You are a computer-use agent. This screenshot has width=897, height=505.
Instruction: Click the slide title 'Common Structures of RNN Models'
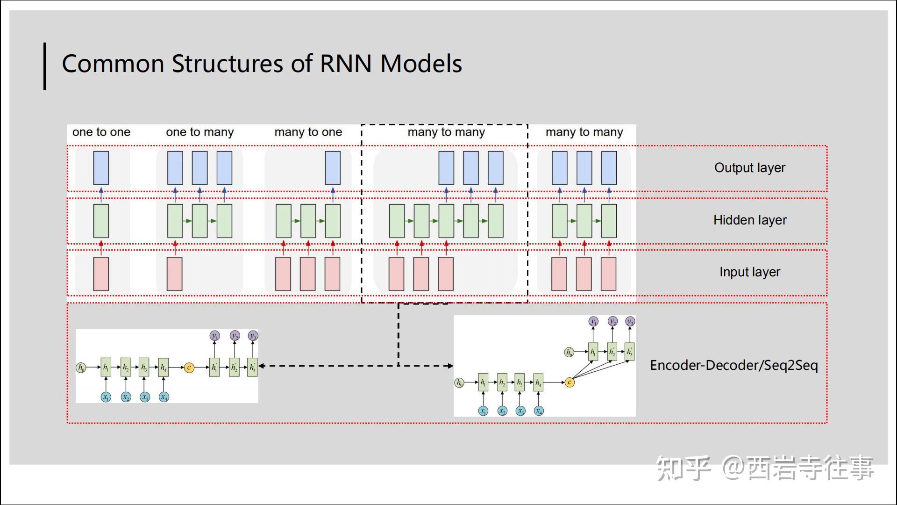[x=262, y=64]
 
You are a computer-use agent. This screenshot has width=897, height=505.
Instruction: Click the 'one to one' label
[x=101, y=132]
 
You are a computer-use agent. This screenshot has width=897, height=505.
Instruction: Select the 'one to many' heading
[x=200, y=132]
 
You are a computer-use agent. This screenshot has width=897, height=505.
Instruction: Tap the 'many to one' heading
[x=308, y=132]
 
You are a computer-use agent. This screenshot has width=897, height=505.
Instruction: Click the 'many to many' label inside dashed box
[x=446, y=132]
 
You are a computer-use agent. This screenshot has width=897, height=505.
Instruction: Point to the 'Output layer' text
[x=749, y=167]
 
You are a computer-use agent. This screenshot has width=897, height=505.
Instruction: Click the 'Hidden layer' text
[x=749, y=220]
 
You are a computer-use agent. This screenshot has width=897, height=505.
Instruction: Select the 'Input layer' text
[x=749, y=272]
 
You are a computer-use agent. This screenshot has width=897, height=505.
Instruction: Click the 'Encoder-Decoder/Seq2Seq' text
[x=733, y=365]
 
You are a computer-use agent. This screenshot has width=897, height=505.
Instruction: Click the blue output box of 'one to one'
[x=101, y=167]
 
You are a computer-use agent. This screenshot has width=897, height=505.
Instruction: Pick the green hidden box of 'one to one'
[x=101, y=221]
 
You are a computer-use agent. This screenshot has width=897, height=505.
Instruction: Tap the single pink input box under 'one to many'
[x=175, y=274]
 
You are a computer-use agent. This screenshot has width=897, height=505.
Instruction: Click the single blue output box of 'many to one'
[x=333, y=167]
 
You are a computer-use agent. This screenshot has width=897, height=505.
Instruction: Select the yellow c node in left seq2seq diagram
[x=189, y=368]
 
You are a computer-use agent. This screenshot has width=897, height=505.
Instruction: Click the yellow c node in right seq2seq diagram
[x=570, y=382]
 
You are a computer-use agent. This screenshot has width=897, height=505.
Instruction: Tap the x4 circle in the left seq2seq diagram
[x=164, y=397]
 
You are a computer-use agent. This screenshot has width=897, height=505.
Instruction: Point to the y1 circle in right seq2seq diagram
[x=593, y=321]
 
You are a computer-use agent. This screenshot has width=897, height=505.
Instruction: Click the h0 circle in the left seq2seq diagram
[x=81, y=368]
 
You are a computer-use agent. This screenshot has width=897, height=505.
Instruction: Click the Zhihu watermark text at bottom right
[x=764, y=468]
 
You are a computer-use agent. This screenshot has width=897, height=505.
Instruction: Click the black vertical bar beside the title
[x=45, y=66]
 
